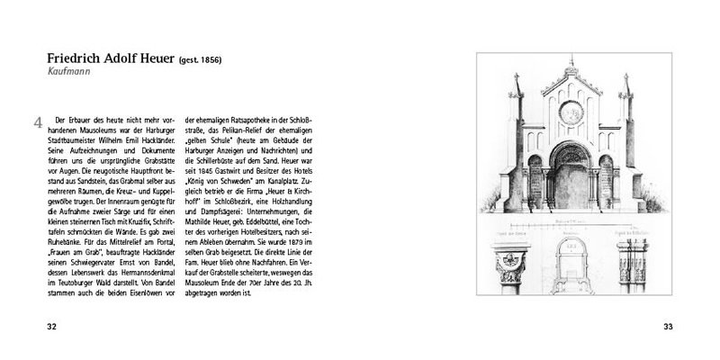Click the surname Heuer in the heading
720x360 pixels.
pyautogui.click(x=155, y=55)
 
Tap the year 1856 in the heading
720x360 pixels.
pyautogui.click(x=209, y=58)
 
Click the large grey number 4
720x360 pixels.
pyautogui.click(x=37, y=124)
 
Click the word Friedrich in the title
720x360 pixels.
pyautogui.click(x=54, y=55)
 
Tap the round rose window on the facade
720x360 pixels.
pyautogui.click(x=570, y=113)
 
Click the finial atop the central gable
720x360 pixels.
pyautogui.click(x=570, y=63)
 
